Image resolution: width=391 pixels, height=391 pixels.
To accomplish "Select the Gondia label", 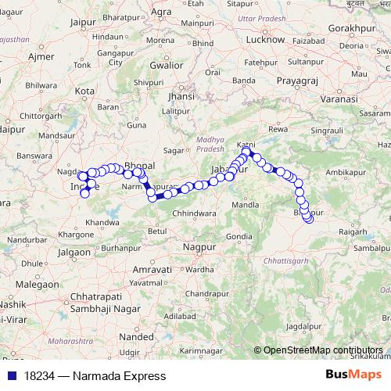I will (239, 235).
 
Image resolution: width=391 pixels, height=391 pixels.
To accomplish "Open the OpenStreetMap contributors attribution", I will (323, 350).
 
